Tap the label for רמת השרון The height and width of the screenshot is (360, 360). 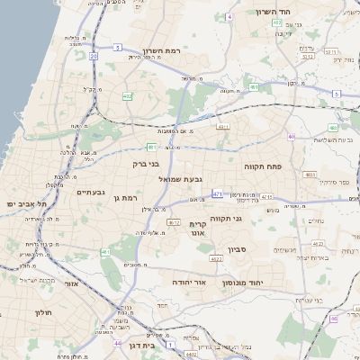point(161,51)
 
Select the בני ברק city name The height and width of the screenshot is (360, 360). point(145,165)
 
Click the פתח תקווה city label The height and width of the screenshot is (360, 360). point(264,166)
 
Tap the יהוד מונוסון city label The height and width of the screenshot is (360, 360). point(261,281)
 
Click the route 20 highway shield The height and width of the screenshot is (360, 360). point(94,56)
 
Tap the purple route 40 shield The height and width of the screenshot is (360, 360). point(291,137)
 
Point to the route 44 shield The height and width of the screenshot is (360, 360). point(118,343)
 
